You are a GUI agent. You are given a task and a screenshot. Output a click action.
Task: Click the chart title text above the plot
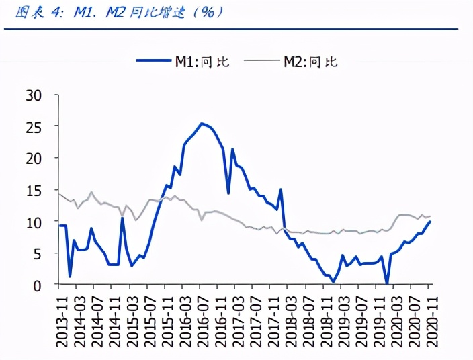[114, 11]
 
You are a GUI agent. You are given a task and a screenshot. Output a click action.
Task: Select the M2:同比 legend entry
[310, 62]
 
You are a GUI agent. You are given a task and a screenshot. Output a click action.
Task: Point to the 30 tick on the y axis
[34, 95]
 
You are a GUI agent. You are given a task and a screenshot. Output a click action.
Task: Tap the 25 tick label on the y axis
[34, 126]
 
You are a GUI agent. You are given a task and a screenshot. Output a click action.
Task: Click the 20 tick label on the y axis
[34, 158]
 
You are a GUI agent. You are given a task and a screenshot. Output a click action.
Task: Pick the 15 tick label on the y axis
[34, 190]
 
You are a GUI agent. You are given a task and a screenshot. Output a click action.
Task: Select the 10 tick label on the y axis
[34, 222]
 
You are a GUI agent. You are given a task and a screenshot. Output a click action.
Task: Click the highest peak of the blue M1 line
[202, 124]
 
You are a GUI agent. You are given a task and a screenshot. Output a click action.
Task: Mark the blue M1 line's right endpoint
[430, 222]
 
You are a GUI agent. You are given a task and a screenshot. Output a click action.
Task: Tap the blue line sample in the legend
[153, 62]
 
